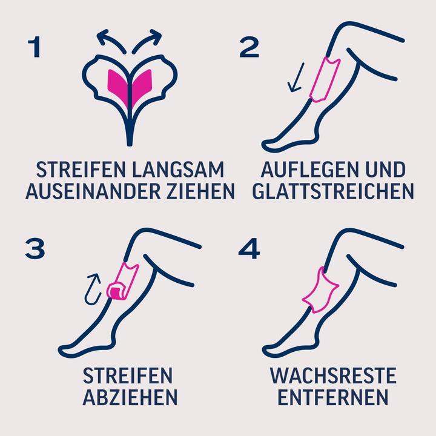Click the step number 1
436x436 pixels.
34,47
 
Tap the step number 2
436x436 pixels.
249,47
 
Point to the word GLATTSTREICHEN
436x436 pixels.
332,191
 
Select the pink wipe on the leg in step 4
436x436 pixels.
319,290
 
